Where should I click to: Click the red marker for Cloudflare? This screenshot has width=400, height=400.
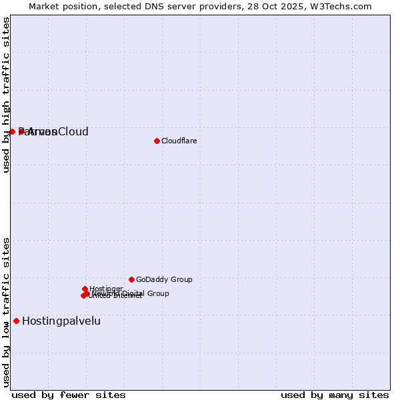(x=157, y=141)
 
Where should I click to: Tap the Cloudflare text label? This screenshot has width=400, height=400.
(x=179, y=141)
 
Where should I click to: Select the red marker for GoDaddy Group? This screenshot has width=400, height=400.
(x=131, y=279)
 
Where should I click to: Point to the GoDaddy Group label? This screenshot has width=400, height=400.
(x=164, y=279)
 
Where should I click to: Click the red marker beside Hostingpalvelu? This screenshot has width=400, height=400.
(x=16, y=321)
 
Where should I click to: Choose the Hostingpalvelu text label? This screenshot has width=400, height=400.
(x=61, y=321)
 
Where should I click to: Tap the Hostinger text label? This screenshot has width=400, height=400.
(x=107, y=289)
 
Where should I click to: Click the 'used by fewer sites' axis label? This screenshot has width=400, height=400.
(x=69, y=395)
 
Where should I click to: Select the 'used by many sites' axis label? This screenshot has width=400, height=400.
(x=335, y=395)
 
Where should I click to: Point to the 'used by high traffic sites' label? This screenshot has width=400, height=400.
(x=6, y=95)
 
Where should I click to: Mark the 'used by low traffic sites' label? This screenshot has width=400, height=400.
(x=6, y=311)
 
